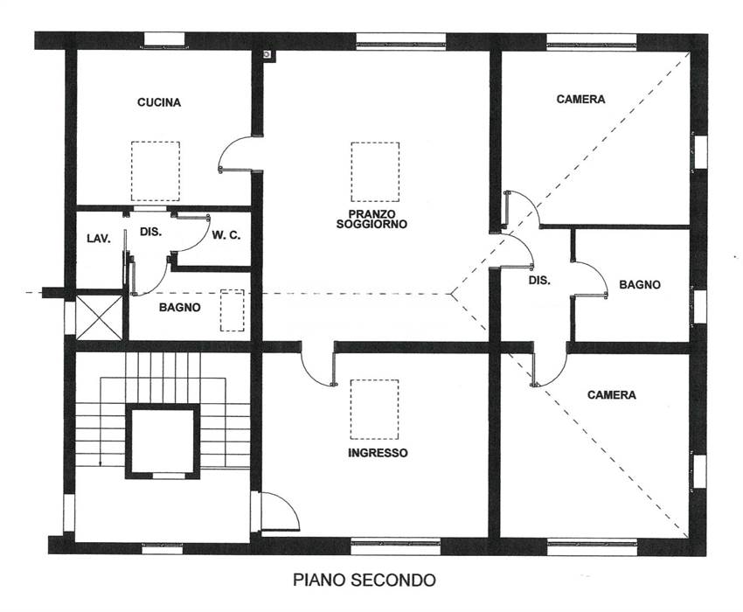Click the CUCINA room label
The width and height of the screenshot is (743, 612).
coord(159,102)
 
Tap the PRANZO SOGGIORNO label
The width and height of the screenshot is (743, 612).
coord(372,219)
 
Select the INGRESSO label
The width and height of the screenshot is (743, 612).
coord(378,453)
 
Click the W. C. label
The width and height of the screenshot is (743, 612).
coord(226,235)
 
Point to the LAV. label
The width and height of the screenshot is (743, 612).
coord(99,239)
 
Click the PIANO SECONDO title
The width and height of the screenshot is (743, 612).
coord(365,580)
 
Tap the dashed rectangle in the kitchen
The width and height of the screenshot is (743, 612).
coord(156,171)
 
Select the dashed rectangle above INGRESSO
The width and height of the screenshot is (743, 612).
coord(374,409)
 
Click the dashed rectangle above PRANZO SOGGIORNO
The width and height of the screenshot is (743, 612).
coord(375,171)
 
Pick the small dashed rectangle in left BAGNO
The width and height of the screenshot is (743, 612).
coord(233,310)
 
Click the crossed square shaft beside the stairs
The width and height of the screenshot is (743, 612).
coord(99,317)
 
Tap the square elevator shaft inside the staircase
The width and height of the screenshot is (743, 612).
coord(163,442)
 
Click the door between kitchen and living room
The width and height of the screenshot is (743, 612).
coord(235,154)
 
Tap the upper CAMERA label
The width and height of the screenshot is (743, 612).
coord(581,99)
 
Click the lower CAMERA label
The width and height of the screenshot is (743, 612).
coord(612,395)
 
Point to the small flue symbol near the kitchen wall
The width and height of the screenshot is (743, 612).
coord(268,55)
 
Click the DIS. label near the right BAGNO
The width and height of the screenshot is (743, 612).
coord(539,280)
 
